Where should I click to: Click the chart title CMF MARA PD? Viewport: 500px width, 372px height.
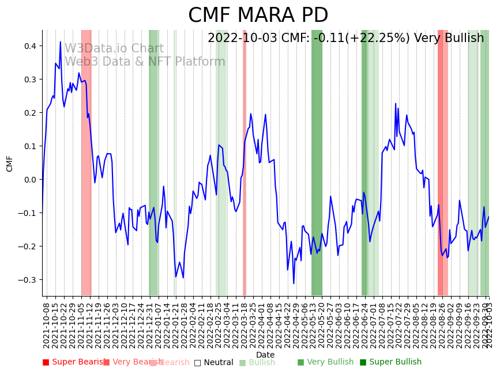tap(258, 16)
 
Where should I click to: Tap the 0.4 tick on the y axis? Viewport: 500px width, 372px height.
tap(31, 46)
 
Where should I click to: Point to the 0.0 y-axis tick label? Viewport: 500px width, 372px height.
tap(31, 180)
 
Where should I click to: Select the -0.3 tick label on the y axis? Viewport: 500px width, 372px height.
tap(28, 280)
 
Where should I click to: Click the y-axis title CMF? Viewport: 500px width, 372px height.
tap(10, 164)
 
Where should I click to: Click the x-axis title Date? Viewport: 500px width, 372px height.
tap(265, 355)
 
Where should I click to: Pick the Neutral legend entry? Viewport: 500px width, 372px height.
tap(214, 363)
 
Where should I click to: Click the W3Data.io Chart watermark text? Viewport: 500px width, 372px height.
tap(114, 49)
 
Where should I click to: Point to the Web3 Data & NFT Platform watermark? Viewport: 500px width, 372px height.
tap(145, 62)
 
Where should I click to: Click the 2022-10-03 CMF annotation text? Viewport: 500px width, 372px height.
tap(345, 39)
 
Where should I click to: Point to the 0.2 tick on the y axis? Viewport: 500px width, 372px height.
tap(31, 113)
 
